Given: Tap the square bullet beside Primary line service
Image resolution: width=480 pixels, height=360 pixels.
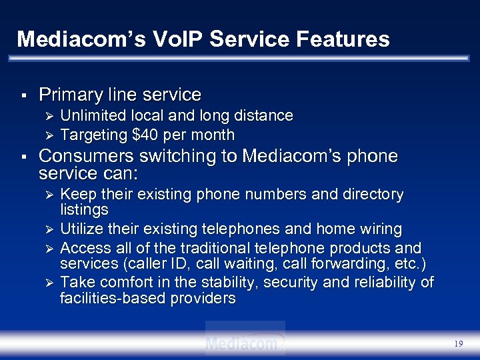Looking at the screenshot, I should pyautogui.click(x=23, y=95).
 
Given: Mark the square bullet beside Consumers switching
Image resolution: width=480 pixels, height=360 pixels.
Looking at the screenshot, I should pyautogui.click(x=23, y=157).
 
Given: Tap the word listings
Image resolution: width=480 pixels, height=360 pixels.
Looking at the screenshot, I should pyautogui.click(x=84, y=210).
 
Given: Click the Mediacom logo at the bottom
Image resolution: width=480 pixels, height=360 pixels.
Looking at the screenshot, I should pyautogui.click(x=245, y=343).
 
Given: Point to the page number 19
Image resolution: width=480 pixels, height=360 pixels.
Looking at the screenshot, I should pyautogui.click(x=458, y=344).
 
